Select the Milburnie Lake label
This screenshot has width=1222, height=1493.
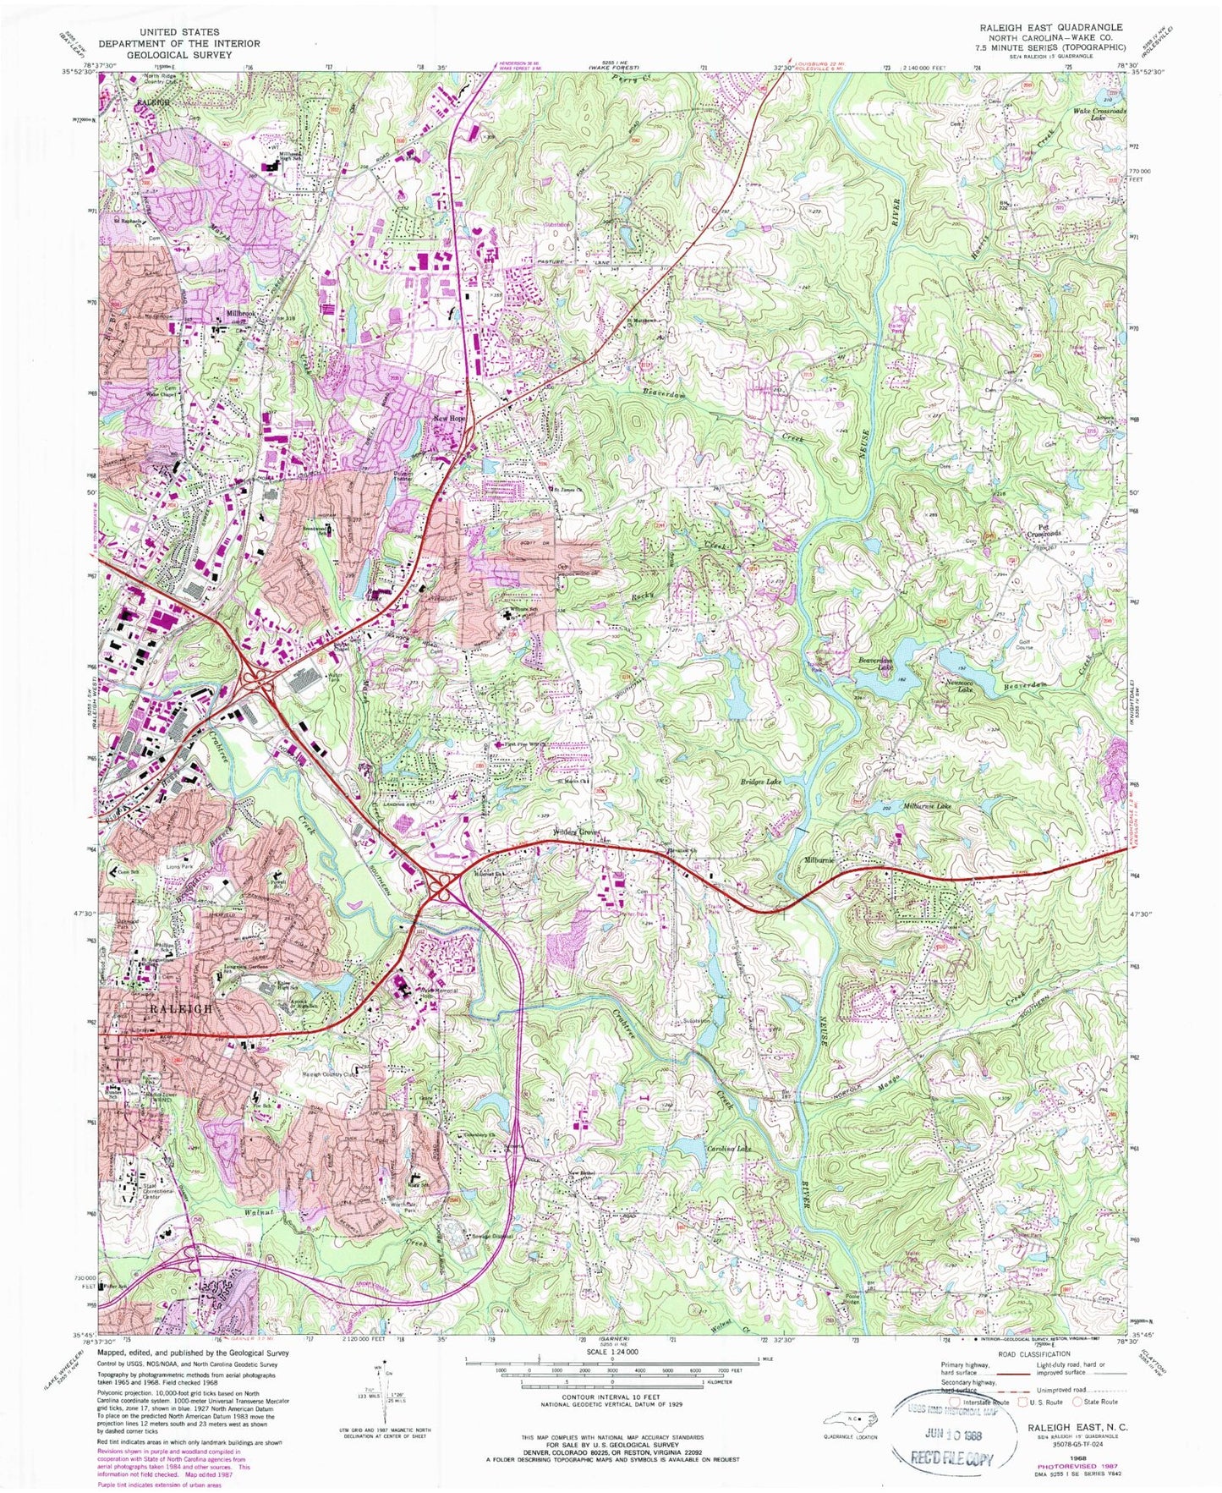[929, 806]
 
